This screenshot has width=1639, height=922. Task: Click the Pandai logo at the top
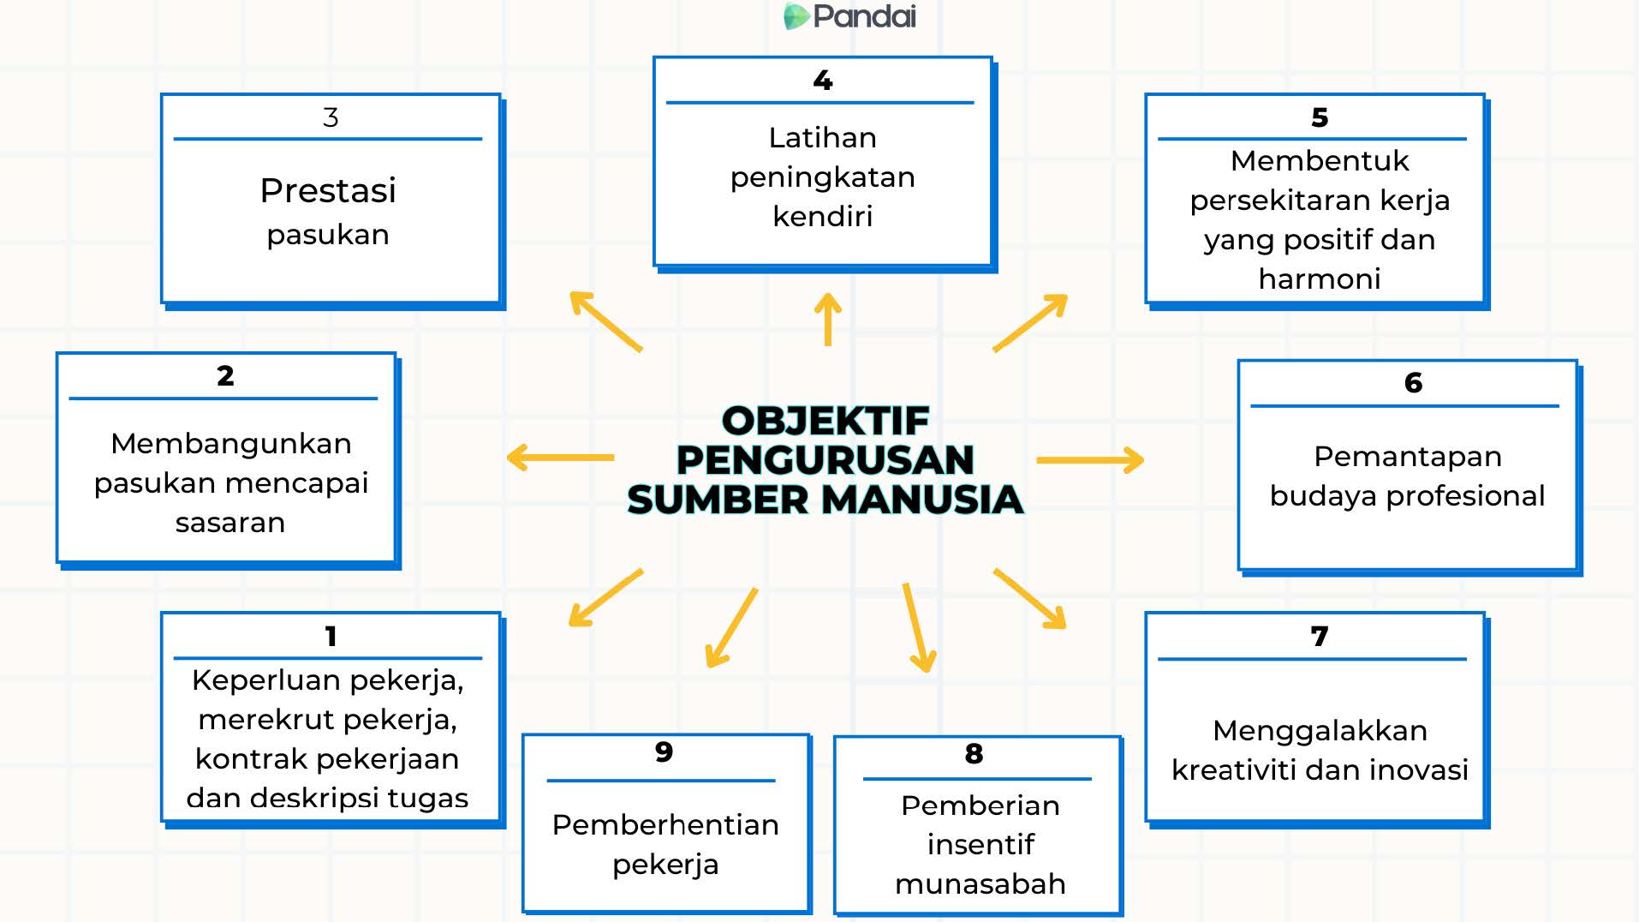pos(849,16)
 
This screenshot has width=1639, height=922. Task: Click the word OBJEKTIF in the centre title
pos(825,421)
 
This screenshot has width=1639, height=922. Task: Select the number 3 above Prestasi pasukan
pos(331,117)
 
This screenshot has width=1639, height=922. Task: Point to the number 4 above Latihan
pos(823,81)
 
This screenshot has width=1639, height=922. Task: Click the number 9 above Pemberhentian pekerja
pos(664,752)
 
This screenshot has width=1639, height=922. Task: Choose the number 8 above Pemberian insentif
pos(974,754)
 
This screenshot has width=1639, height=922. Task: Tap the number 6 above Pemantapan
pos(1413,383)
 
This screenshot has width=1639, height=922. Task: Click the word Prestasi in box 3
pos(328,190)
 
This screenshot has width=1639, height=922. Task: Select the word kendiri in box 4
pos(823,216)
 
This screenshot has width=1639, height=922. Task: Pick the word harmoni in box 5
pos(1320,278)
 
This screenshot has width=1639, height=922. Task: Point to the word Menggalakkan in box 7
pos(1320,731)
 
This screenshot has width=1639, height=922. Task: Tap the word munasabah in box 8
pos(980,883)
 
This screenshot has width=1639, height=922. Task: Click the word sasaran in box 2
pos(230,523)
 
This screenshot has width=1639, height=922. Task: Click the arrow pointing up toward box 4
pos(828,319)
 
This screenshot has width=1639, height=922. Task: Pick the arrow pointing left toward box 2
pos(560,458)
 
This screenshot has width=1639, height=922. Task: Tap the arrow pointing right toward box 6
pos(1090,460)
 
